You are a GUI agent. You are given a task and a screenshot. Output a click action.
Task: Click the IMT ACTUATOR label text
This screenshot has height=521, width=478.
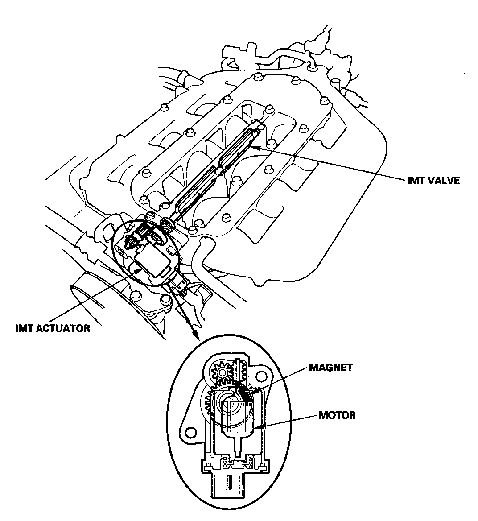(52, 329)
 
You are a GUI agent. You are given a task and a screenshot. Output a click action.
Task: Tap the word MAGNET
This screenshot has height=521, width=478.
(330, 368)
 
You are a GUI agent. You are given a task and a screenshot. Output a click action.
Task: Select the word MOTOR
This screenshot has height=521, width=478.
(338, 416)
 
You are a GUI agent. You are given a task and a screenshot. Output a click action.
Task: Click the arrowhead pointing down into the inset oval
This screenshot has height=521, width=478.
(196, 336)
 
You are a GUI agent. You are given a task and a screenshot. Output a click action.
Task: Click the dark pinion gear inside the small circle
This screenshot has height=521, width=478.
(130, 243)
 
